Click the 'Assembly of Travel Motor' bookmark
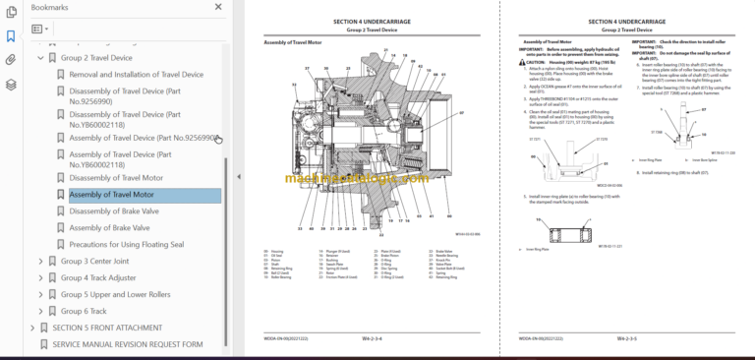(x=111, y=195)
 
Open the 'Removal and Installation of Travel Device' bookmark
(x=136, y=75)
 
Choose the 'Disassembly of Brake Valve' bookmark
(x=113, y=210)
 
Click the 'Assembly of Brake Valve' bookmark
(x=109, y=227)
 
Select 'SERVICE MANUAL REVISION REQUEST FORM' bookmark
(x=128, y=344)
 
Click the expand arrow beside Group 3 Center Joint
(x=40, y=261)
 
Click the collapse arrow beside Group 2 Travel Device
(x=40, y=58)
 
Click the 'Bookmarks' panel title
(x=50, y=7)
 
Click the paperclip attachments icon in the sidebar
(x=11, y=60)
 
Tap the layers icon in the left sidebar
(x=11, y=84)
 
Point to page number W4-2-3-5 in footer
(x=629, y=337)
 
